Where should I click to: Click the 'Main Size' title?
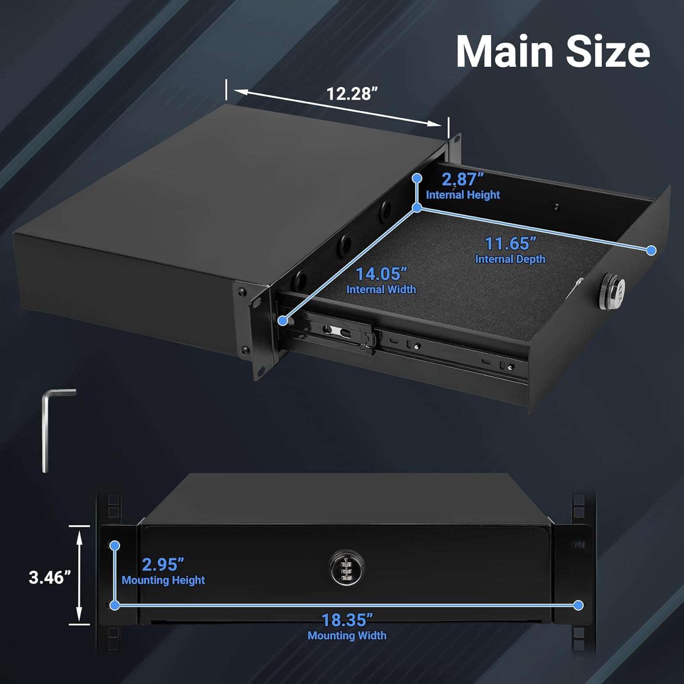coord(553,52)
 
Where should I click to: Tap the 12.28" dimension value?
coord(352,94)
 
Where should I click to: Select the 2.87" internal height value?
coord(462,179)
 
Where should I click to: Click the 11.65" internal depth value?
coord(510,244)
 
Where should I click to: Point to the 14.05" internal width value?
coord(381,274)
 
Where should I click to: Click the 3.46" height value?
coord(50,577)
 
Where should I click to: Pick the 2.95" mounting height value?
coord(163,565)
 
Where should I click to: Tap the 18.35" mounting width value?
coord(347,620)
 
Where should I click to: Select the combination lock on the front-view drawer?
coord(347,568)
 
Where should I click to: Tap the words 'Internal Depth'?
coord(510,259)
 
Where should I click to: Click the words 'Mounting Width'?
coord(347,636)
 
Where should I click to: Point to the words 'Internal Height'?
coord(463,195)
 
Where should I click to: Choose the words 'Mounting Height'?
coord(163,580)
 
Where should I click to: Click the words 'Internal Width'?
coord(381,290)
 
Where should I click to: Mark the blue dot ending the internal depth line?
coord(652,250)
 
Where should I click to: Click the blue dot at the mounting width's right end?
coord(578,605)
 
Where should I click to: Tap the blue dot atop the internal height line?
coord(417,178)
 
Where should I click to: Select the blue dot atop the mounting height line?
coord(115,545)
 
